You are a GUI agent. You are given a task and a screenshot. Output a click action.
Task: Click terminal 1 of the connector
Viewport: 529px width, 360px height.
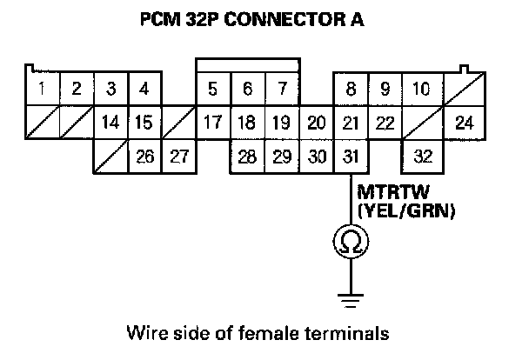pos(41,88)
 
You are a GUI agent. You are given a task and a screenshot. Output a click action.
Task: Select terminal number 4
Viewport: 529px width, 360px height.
pos(144,88)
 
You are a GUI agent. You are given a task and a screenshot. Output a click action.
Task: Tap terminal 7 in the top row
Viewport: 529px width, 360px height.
pos(281,88)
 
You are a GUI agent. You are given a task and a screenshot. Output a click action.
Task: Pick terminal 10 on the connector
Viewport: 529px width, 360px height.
pos(420,88)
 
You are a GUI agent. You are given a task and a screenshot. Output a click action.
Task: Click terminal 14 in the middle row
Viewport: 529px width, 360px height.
pos(110,123)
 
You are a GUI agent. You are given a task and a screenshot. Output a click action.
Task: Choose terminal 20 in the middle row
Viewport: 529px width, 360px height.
pos(317,123)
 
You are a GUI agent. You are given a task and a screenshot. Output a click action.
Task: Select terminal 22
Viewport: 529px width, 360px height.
pos(384,123)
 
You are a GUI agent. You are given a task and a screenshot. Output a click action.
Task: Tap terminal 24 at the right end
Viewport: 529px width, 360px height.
pos(465,123)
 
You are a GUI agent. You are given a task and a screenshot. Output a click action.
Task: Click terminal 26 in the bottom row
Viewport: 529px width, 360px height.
pos(144,157)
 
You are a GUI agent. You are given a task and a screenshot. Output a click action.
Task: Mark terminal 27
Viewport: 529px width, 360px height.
pos(178,157)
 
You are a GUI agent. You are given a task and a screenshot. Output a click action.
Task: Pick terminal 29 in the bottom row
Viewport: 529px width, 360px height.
pos(281,157)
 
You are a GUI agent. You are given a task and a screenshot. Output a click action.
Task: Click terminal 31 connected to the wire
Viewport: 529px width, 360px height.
pos(350,157)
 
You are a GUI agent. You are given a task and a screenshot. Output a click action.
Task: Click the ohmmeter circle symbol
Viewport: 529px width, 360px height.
pos(351,241)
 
